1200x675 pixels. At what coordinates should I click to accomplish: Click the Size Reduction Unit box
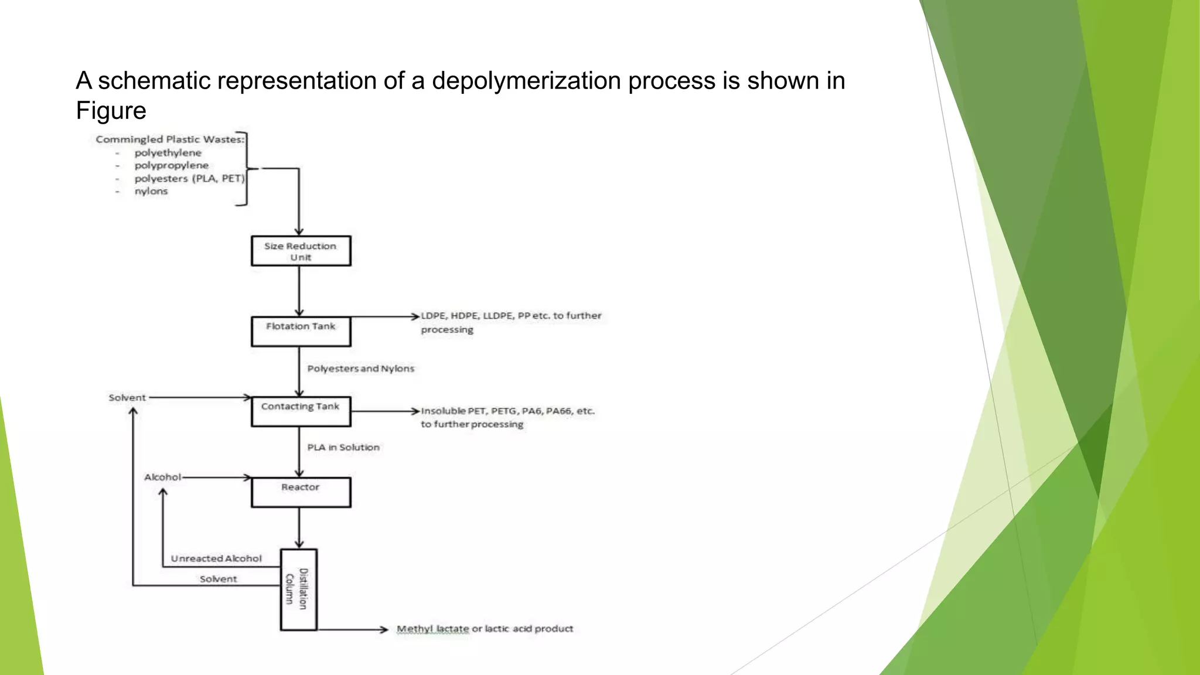(x=301, y=251)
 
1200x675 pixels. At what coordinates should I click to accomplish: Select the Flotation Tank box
(x=301, y=332)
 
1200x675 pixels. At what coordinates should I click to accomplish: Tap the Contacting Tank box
(x=301, y=411)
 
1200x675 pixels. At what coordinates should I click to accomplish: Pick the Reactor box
(x=301, y=492)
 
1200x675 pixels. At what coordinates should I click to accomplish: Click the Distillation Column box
(x=299, y=589)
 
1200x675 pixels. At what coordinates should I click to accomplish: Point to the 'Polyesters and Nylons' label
(x=360, y=369)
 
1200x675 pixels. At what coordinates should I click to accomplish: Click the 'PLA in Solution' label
(x=343, y=448)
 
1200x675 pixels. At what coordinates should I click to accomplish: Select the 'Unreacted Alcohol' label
(x=216, y=558)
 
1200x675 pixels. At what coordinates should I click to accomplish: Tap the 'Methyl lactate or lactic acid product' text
(x=485, y=629)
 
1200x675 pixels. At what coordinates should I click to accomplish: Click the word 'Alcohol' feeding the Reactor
(x=162, y=477)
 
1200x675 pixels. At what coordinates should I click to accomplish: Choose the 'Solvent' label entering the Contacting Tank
(x=127, y=398)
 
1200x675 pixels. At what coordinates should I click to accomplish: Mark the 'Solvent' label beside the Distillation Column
(x=218, y=579)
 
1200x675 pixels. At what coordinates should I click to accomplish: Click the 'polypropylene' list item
(x=171, y=166)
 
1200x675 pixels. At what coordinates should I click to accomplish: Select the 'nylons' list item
(x=151, y=192)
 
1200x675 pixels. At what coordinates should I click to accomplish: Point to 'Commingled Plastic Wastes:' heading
(x=170, y=139)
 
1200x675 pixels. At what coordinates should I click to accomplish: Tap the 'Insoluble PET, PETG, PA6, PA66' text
(x=507, y=411)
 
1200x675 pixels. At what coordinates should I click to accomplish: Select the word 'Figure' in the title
(x=111, y=111)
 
